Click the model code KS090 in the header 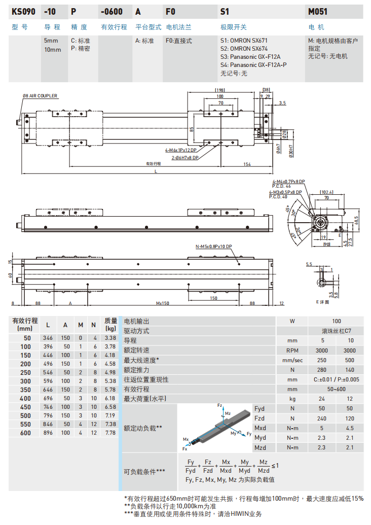22,11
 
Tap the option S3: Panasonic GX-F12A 250,57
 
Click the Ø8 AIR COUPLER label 40,96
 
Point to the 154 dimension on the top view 247,164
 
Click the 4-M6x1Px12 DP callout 180,151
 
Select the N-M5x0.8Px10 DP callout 213,247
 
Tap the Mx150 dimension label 162,303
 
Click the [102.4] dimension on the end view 327,192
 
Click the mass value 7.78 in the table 110,433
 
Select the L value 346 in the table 48,338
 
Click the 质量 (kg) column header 110,325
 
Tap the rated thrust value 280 321,370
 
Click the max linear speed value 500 350,360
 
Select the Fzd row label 259,418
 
